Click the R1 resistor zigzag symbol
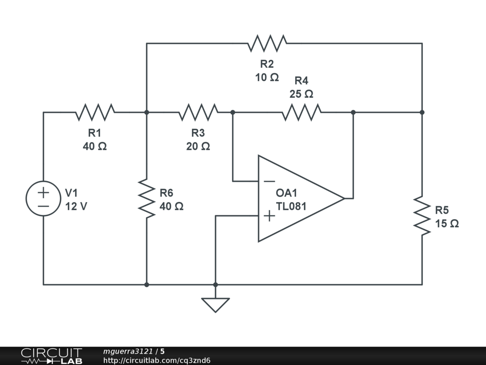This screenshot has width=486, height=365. pos(95,113)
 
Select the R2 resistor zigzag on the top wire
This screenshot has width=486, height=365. pos(267,44)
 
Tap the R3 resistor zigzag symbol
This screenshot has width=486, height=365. pos(198,113)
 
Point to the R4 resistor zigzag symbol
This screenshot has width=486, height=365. pos(301,113)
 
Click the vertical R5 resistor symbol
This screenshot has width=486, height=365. pos(422,215)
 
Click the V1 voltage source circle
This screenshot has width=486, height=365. pos(44,199)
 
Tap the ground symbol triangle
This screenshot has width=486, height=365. pos(215,304)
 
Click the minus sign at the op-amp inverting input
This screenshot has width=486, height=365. pos(269,181)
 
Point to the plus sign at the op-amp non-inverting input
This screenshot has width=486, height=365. pos(269,216)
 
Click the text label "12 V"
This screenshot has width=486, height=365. pos(76,207)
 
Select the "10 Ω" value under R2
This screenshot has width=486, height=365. pos(267,77)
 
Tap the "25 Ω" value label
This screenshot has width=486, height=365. pos(301,94)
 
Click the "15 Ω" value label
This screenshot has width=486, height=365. pos(447,223)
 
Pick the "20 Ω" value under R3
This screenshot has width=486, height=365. pos(198,146)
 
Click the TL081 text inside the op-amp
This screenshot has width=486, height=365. pos(291,206)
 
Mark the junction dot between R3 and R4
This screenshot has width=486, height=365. pos(233,113)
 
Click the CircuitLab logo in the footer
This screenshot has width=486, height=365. pos(51,356)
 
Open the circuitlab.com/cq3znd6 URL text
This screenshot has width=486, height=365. pos(157,360)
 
